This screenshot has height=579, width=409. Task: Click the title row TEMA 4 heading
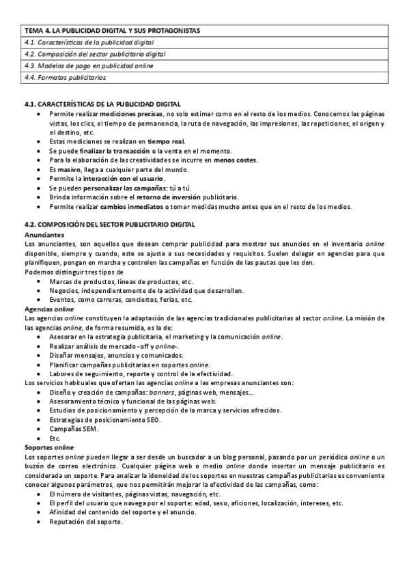click(x=113, y=31)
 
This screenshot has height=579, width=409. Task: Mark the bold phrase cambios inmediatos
click(x=127, y=206)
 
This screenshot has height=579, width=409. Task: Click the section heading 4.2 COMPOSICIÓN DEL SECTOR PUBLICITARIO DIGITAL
click(x=109, y=225)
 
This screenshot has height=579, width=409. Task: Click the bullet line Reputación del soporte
click(x=85, y=522)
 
